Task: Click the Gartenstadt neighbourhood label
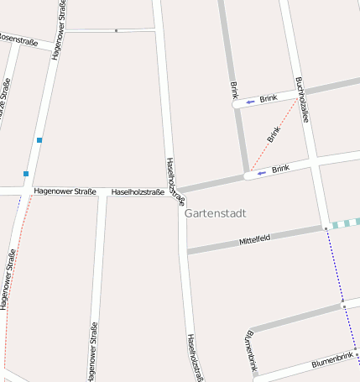[215, 213]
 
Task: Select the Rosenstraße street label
[18, 39]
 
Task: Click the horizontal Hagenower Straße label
[65, 191]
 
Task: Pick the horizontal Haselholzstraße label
[138, 191]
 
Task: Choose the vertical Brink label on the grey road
[234, 91]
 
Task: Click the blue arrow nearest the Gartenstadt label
[261, 172]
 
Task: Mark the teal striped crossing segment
[346, 223]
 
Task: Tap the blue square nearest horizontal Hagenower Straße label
[26, 174]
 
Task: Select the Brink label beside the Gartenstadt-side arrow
[280, 169]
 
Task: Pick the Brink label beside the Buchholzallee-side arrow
[269, 98]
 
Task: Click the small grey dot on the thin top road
[116, 31]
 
